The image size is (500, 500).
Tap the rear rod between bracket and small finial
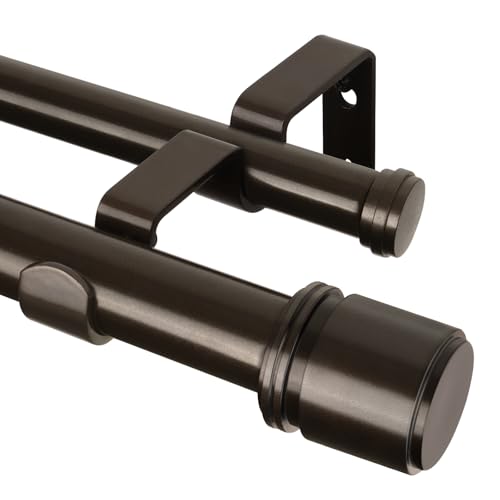click(310, 185)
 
